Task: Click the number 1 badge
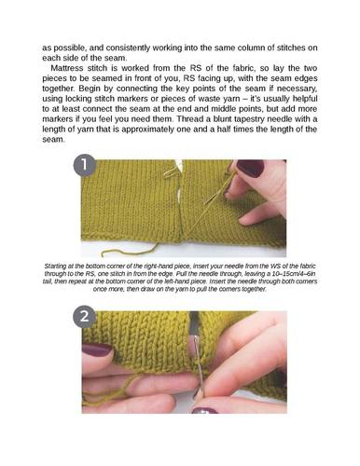(84, 165)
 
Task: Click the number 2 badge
(84, 318)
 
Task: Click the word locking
(78, 99)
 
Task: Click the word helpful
(304, 99)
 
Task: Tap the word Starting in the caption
(55, 267)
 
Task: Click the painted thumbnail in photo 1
(250, 168)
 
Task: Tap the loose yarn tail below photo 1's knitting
(131, 251)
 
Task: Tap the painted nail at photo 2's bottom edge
(204, 410)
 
